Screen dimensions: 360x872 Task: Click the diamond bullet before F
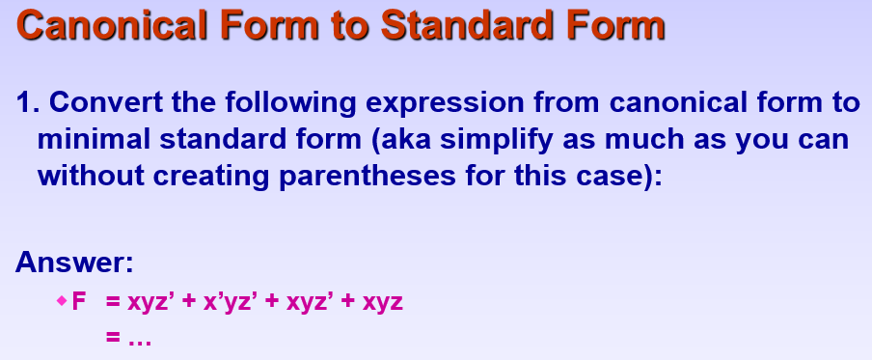[x=62, y=302]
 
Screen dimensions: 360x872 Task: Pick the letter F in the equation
[x=79, y=302]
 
